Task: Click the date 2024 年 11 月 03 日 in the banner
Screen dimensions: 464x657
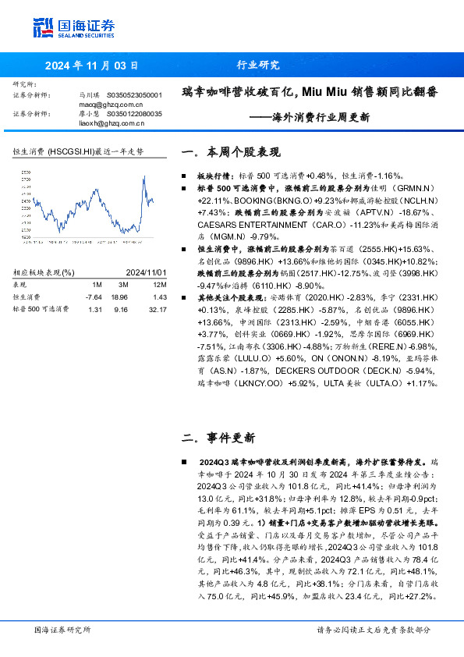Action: click(92, 66)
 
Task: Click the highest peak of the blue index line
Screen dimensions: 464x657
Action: click(143, 178)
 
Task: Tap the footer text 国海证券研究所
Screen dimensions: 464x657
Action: click(63, 630)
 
